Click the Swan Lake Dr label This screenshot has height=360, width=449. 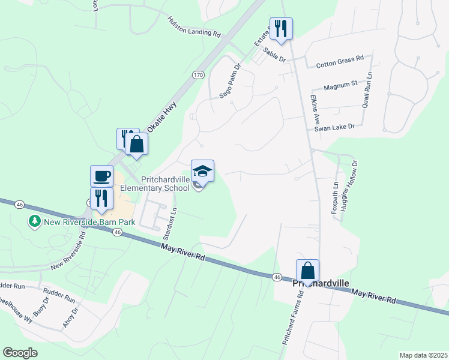coord(335,128)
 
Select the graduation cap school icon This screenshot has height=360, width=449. coord(202,170)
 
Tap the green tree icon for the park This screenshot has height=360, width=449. coord(35,222)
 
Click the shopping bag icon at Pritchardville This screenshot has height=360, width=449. coord(307,271)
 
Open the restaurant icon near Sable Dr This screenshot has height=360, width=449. coord(280,28)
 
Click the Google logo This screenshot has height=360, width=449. coord(20,353)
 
